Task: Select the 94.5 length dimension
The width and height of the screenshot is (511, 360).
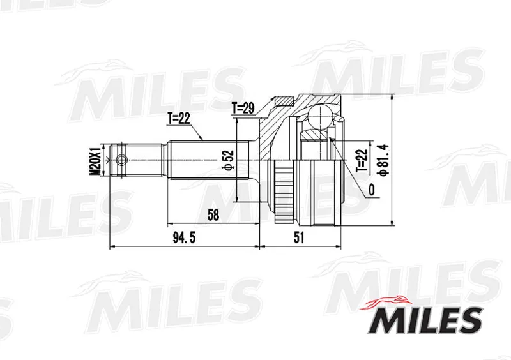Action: click(x=184, y=238)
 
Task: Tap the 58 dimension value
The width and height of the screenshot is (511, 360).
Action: click(x=213, y=215)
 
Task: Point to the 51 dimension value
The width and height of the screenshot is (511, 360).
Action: click(x=298, y=238)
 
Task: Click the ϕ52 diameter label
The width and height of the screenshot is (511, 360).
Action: click(x=228, y=160)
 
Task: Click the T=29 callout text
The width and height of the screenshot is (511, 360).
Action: click(x=243, y=109)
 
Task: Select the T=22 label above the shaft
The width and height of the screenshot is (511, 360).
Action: click(x=179, y=119)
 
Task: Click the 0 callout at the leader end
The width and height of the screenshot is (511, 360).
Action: click(x=371, y=190)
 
